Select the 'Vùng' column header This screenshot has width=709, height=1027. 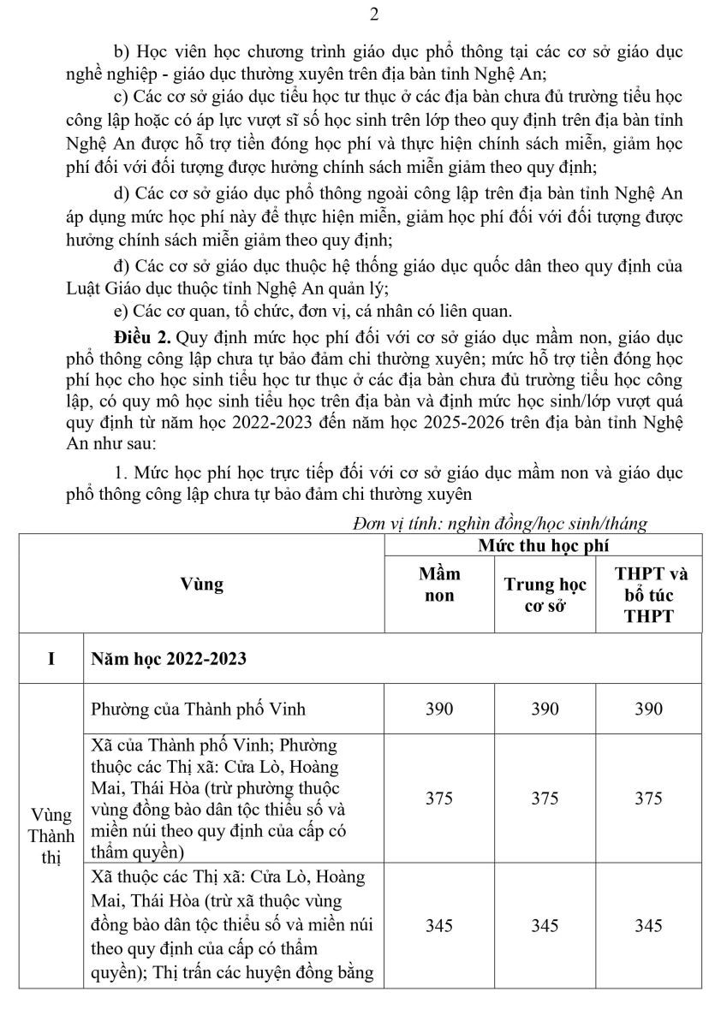coord(202,585)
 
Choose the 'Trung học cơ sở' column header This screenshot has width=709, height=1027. coord(545,596)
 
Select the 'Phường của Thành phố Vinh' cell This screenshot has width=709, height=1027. coord(198,709)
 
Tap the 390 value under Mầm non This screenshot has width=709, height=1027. coord(440,709)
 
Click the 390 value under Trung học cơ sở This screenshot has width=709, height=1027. coord(545,709)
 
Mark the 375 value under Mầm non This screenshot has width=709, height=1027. coord(440,798)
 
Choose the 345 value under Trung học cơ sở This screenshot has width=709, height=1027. coord(545,925)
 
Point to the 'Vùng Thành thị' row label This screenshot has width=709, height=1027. coord(51,834)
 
